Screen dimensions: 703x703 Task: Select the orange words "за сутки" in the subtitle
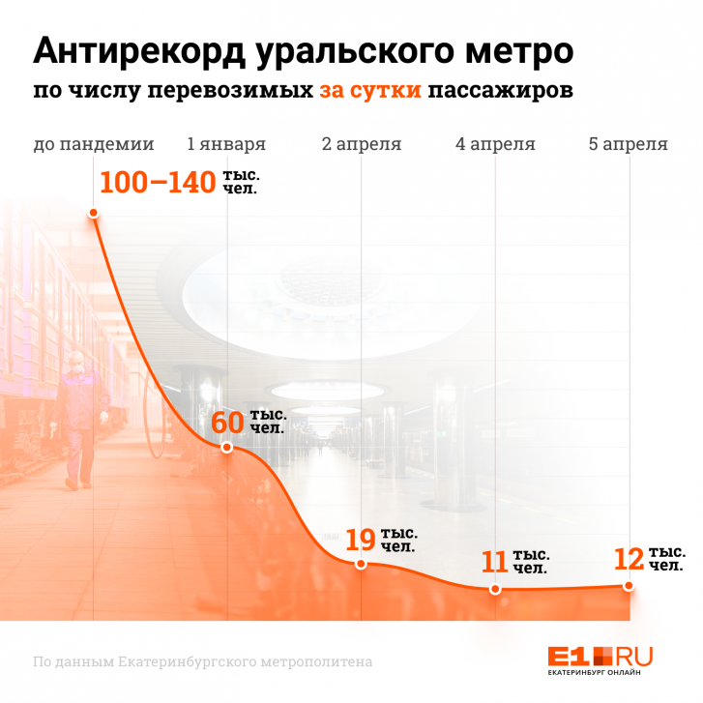pyautogui.click(x=370, y=93)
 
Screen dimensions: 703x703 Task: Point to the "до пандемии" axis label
pyautogui.click(x=94, y=145)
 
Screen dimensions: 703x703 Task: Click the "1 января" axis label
pyautogui.click(x=226, y=145)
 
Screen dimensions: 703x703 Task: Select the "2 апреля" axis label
pyautogui.click(x=362, y=145)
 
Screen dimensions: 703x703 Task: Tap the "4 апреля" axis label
pyautogui.click(x=495, y=145)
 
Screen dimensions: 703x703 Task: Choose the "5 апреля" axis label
pyautogui.click(x=629, y=145)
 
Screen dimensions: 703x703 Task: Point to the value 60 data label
pyautogui.click(x=226, y=423)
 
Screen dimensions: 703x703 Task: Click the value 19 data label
pyautogui.click(x=361, y=540)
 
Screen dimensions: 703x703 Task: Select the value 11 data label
pyautogui.click(x=494, y=562)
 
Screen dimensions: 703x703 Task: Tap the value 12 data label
pyautogui.click(x=629, y=559)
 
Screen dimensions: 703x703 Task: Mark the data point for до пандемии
pyautogui.click(x=94, y=214)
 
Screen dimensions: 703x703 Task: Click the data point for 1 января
pyautogui.click(x=226, y=448)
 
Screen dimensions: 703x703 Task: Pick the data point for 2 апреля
pyautogui.click(x=361, y=564)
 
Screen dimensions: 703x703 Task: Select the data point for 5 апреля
pyautogui.click(x=629, y=586)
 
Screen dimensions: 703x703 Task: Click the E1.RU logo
pyautogui.click(x=600, y=658)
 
